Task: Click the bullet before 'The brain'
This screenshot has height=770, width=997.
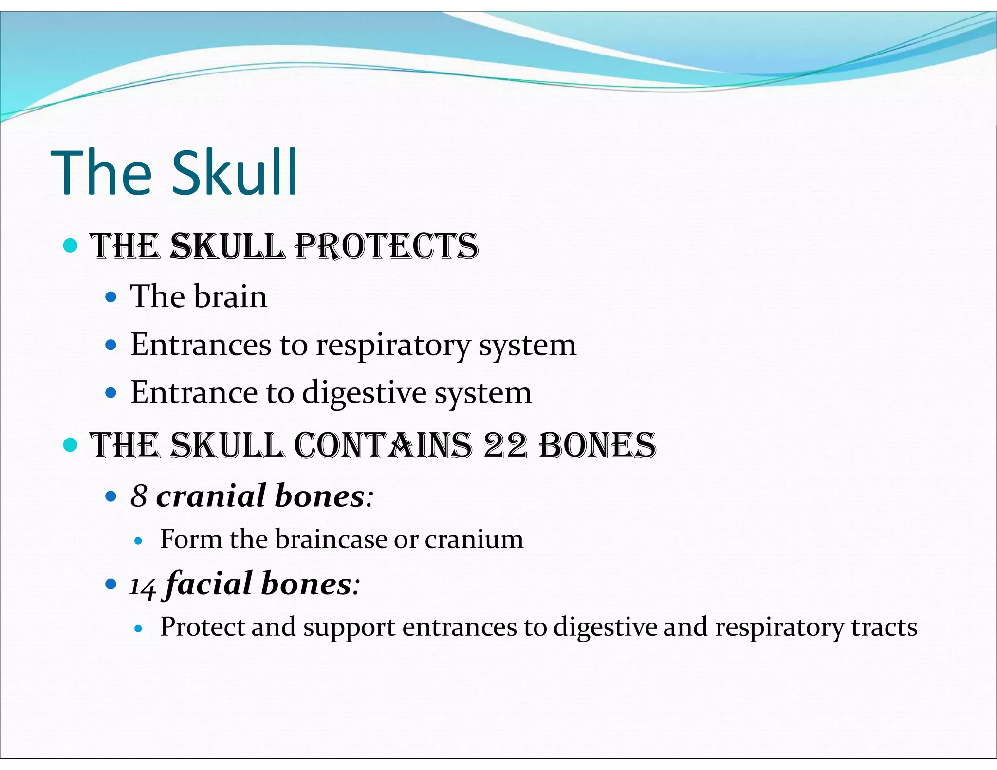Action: click(111, 297)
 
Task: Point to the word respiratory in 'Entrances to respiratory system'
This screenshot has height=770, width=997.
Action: click(393, 345)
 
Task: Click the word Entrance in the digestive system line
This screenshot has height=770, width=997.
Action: click(194, 393)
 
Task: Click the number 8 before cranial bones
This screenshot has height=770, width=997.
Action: click(139, 496)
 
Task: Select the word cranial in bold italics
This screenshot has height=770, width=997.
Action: click(210, 496)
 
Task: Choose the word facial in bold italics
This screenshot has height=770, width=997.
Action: click(208, 584)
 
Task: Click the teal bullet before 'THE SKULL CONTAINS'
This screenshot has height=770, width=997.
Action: click(71, 444)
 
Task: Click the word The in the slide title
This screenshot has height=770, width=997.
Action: click(101, 173)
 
